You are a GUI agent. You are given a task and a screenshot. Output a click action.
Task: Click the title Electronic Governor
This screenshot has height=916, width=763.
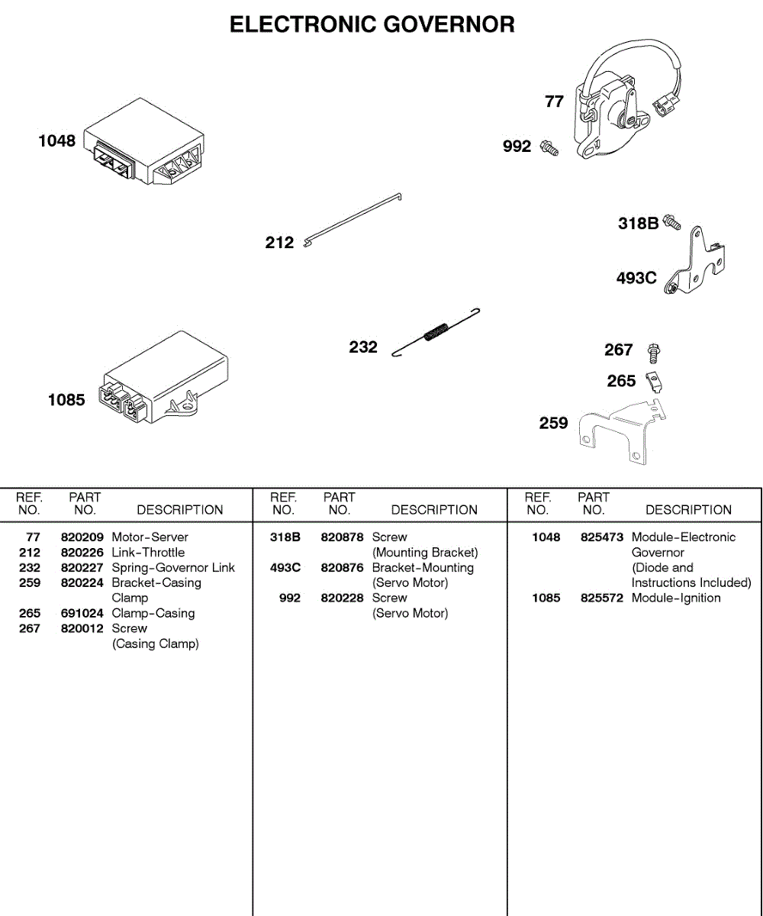point(372,24)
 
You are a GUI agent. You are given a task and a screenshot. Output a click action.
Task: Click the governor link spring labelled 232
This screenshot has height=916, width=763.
point(436,333)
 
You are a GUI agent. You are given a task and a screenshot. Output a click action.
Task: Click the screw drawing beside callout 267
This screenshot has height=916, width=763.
point(654,352)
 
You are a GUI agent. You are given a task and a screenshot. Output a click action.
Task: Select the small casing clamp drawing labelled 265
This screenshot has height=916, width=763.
point(653,379)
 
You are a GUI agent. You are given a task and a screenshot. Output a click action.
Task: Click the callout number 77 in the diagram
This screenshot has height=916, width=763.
point(554,101)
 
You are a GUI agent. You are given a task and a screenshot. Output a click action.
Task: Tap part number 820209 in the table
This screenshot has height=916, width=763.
point(82,537)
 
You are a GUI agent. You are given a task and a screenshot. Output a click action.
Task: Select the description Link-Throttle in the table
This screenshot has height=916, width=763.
point(148,553)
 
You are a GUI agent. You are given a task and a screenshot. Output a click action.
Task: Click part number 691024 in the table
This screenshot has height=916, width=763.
point(82,614)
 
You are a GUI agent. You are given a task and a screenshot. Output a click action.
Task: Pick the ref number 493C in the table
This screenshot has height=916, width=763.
point(285,568)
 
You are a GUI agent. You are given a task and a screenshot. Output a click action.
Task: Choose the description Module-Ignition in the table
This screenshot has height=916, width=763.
point(676,598)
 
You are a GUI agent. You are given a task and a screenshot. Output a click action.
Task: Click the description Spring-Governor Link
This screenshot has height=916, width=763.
point(173,568)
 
